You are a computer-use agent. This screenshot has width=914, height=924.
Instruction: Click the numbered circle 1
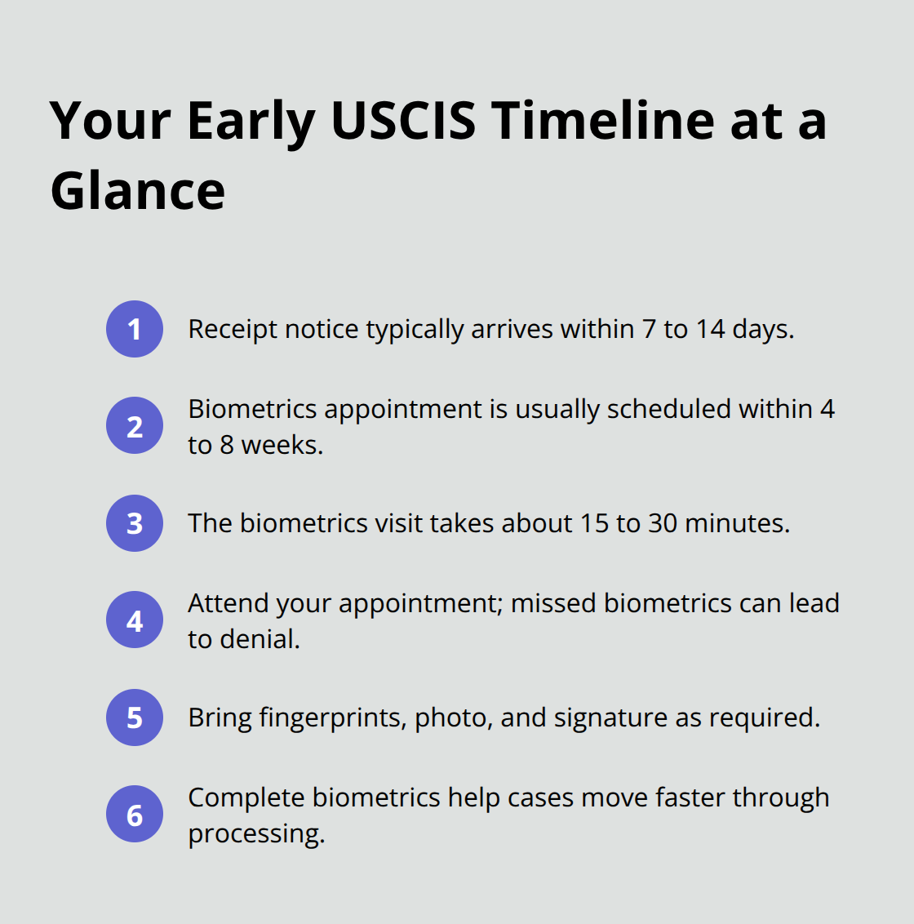[x=135, y=329]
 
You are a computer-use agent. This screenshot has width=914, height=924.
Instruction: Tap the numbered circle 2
[x=135, y=425]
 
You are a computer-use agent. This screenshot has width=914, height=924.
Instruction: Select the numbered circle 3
[x=135, y=523]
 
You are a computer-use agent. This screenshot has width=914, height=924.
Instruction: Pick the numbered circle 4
[x=135, y=620]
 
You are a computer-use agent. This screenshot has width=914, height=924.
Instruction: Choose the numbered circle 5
[x=135, y=717]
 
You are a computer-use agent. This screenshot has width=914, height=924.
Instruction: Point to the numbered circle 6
[x=135, y=815]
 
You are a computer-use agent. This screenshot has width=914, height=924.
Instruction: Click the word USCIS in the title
[x=403, y=121]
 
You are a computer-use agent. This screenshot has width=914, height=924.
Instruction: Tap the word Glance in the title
[x=137, y=191]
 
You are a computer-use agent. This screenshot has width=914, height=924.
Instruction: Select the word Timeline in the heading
[x=603, y=121]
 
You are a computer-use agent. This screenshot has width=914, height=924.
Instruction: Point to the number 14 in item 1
[x=710, y=329]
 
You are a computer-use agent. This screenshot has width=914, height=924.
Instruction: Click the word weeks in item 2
[x=282, y=445]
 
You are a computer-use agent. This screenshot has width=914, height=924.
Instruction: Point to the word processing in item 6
[x=255, y=834]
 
